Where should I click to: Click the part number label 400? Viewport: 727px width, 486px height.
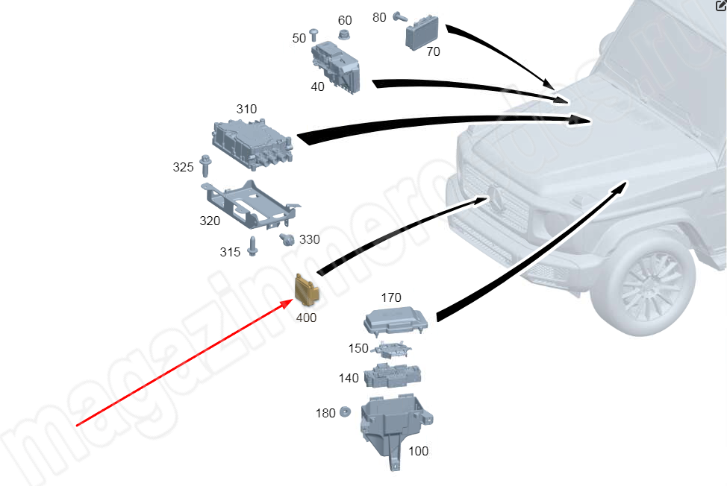coord(306,318)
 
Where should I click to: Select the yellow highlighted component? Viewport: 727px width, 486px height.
coord(307,291)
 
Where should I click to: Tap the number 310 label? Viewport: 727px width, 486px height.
coord(246,109)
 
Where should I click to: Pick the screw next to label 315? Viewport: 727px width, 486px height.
coord(253,245)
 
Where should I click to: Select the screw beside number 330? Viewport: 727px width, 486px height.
coord(285,239)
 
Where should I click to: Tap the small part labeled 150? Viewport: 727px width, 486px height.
coord(393,348)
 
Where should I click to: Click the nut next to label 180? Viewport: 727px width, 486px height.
coord(346,411)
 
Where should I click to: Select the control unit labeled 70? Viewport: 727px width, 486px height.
coord(424,31)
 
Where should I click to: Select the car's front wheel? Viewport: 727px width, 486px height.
coord(648,286)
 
